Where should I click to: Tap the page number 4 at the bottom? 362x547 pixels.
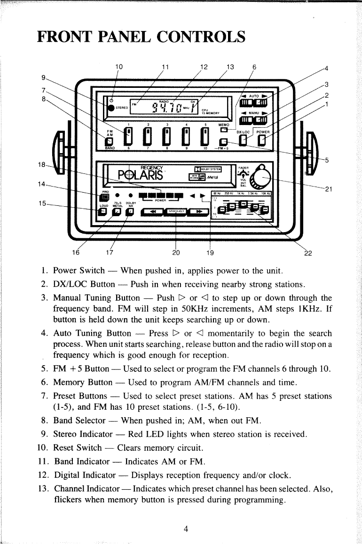[x=186, y=529]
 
